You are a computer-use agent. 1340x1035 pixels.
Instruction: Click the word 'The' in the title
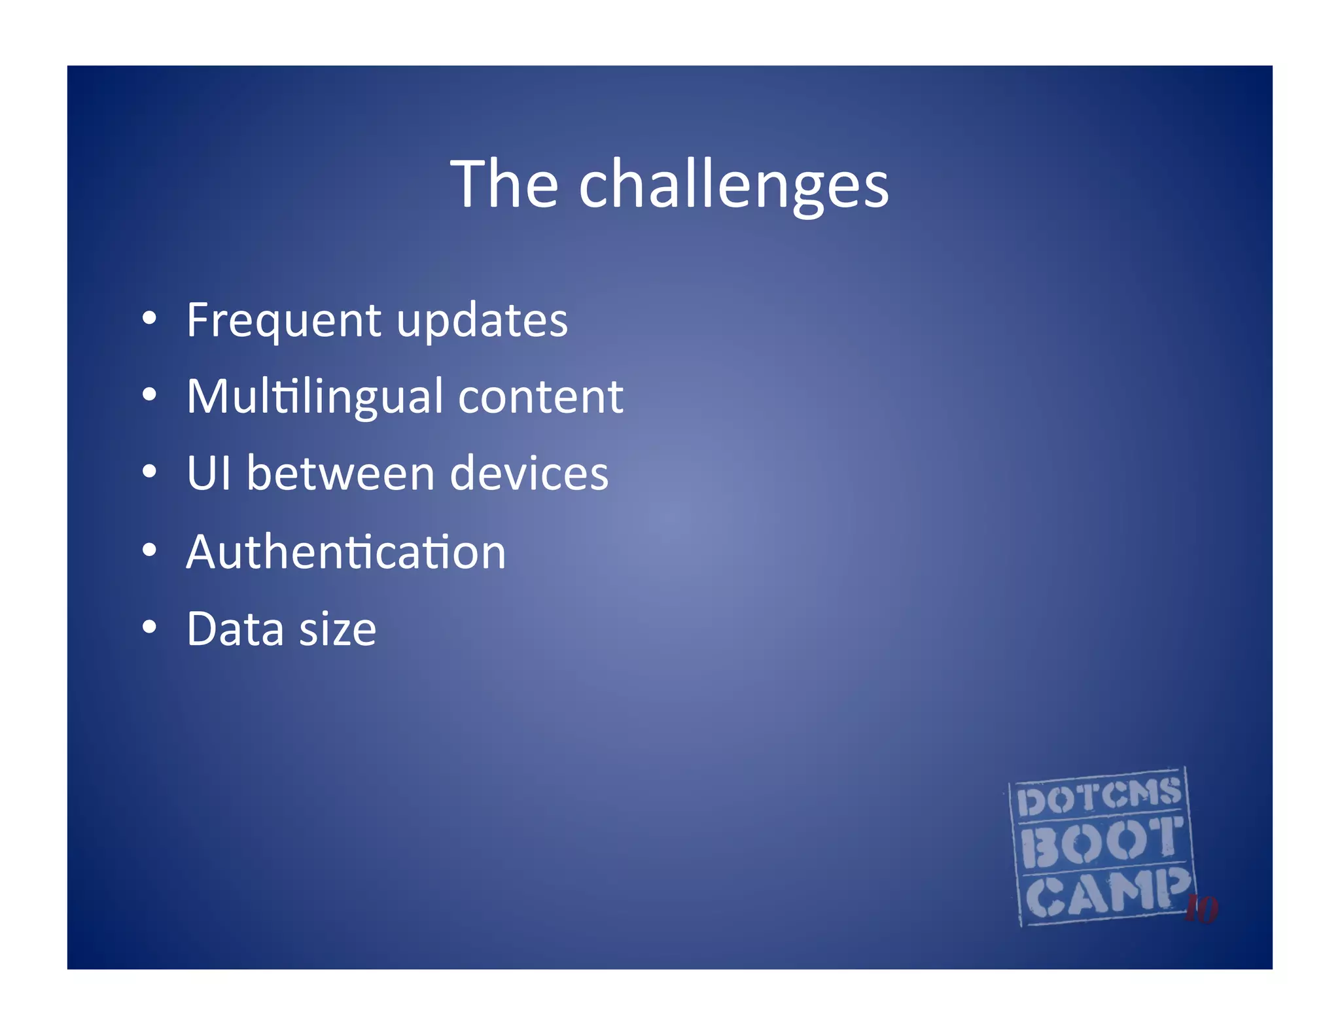pyautogui.click(x=504, y=185)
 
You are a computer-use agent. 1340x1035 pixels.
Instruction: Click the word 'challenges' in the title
pyautogui.click(x=733, y=186)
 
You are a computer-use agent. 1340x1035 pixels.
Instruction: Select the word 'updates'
pyautogui.click(x=482, y=321)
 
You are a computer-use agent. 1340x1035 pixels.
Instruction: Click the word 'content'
pyautogui.click(x=540, y=398)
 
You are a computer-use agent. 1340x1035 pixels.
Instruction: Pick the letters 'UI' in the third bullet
pyautogui.click(x=209, y=473)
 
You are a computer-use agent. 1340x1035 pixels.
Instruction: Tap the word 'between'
pyautogui.click(x=340, y=473)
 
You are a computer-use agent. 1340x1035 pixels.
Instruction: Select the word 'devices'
pyautogui.click(x=529, y=473)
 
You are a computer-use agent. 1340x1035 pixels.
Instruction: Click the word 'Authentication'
pyautogui.click(x=346, y=552)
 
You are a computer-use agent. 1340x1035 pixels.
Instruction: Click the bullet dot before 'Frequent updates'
pyautogui.click(x=150, y=319)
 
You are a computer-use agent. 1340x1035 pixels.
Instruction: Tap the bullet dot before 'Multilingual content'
pyautogui.click(x=150, y=395)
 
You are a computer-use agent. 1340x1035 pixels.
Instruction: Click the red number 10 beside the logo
pyautogui.click(x=1201, y=909)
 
